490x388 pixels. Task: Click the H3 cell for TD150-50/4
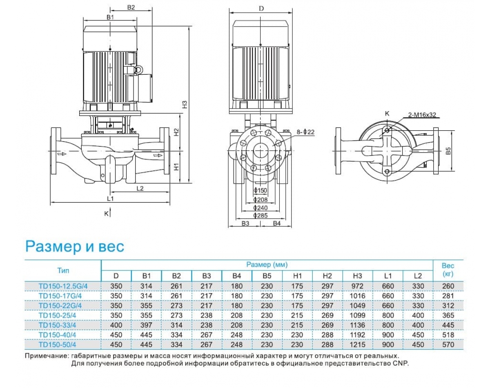pos(358,344)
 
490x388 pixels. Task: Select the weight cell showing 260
pos(448,286)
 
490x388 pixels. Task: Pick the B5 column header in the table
pos(267,276)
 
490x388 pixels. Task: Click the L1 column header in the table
pos(388,276)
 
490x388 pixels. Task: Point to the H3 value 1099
pos(358,315)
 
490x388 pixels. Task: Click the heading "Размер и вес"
pos(75,247)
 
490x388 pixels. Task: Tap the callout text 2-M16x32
pos(422,115)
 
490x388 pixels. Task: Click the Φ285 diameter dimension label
pos(260,215)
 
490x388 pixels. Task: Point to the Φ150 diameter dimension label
pos(260,191)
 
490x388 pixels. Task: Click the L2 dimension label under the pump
pos(140,188)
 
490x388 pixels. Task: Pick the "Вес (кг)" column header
pos(448,270)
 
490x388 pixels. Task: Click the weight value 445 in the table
pos(448,325)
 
